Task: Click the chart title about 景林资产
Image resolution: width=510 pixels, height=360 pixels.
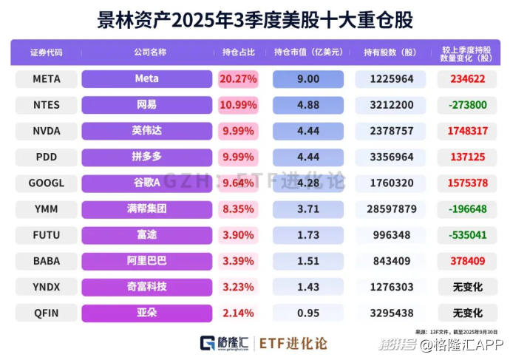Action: [x=255, y=18]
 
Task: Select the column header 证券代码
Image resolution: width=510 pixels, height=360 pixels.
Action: [x=47, y=52]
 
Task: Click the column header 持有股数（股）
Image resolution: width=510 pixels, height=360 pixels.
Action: [x=390, y=52]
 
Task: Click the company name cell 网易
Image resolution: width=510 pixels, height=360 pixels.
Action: [x=147, y=105]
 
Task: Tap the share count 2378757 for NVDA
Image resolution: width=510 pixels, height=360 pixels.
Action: [x=390, y=131]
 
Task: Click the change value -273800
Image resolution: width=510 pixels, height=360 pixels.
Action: [x=466, y=105]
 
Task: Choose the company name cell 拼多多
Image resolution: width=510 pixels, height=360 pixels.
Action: [x=147, y=157]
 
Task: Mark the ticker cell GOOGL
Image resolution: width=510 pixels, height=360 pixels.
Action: [x=47, y=183]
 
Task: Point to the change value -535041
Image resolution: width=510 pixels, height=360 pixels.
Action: [x=466, y=235]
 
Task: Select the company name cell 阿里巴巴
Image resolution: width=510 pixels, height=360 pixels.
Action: [x=147, y=261]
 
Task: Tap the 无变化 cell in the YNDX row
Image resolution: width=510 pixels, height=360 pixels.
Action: [x=466, y=287]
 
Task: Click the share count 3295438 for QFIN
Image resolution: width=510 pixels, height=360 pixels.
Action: [x=390, y=313]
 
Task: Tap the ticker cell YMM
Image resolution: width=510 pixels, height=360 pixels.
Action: [x=47, y=209]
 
